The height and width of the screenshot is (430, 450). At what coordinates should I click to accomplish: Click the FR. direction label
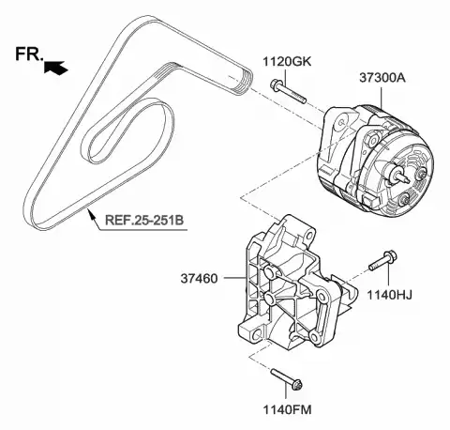[28, 54]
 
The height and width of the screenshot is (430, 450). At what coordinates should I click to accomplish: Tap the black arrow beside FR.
[55, 67]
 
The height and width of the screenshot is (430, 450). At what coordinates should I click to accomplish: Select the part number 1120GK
[287, 62]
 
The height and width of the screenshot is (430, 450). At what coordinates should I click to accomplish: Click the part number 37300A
[382, 78]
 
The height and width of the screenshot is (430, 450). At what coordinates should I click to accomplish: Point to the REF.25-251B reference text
[144, 220]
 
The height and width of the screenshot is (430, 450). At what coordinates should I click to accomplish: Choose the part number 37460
[199, 278]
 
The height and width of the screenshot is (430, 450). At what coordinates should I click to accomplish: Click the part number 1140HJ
[389, 295]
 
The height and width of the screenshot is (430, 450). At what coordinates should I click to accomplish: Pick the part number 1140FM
[287, 409]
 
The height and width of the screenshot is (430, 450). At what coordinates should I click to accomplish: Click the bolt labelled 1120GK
[288, 92]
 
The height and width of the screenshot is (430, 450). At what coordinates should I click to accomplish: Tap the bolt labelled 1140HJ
[382, 260]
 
